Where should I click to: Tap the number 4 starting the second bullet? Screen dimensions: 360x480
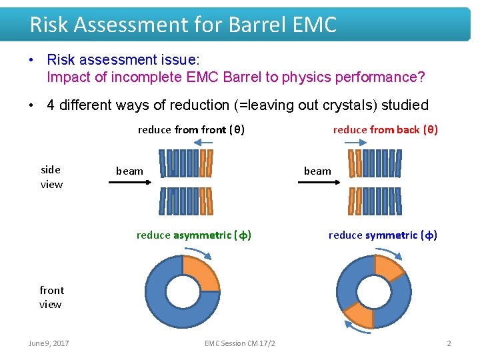click(51, 105)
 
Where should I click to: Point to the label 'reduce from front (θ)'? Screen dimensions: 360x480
click(191, 129)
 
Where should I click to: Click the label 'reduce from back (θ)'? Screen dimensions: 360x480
click(385, 129)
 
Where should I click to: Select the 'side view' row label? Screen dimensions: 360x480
click(51, 177)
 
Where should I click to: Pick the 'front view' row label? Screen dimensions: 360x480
click(51, 297)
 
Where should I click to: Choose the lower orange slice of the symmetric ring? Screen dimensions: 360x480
click(358, 315)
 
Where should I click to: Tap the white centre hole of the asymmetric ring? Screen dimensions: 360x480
click(183, 291)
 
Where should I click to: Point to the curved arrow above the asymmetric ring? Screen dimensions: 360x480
click(199, 252)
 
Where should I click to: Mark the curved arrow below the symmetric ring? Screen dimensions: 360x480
click(359, 327)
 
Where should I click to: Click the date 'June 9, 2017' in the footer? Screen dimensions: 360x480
click(49, 343)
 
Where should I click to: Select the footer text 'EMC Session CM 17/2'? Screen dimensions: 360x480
click(240, 343)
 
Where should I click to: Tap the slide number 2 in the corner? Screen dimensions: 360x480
click(449, 343)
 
